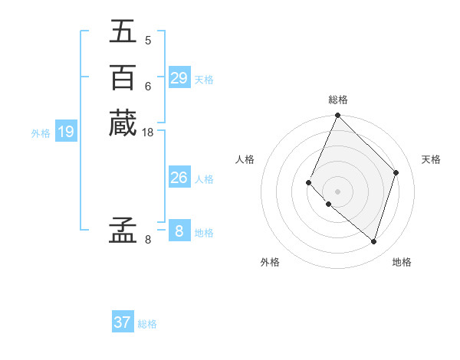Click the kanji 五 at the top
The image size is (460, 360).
point(123,31)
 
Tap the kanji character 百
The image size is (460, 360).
point(123,77)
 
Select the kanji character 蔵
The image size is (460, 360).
point(123,123)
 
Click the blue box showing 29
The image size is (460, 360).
point(179,78)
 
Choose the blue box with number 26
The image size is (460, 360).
point(179,178)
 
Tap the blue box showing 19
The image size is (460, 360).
point(66,132)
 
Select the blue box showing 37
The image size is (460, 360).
point(123,322)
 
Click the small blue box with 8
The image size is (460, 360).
point(179,231)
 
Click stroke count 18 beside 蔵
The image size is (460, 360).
point(148,133)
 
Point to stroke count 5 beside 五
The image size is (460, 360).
point(148,40)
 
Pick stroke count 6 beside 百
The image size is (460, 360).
point(148,86)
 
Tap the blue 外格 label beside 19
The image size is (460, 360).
point(41,133)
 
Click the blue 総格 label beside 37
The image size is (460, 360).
point(147,324)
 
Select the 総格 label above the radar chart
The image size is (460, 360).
point(338,100)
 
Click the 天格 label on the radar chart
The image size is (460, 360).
point(431,159)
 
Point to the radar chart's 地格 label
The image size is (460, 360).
point(402,262)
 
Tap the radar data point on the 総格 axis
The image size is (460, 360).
point(338,116)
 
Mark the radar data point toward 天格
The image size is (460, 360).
point(396,172)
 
